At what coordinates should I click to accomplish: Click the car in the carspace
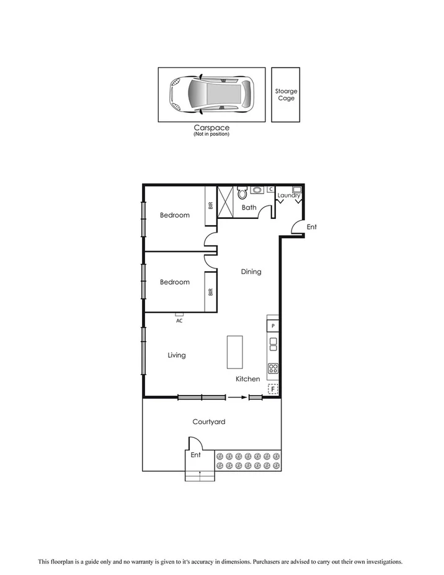pyautogui.click(x=211, y=95)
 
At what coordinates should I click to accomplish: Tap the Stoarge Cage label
pyautogui.click(x=286, y=95)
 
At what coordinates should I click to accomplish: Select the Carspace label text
pyautogui.click(x=211, y=128)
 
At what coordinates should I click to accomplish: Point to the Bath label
pyautogui.click(x=249, y=208)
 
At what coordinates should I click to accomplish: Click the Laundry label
pyautogui.click(x=289, y=195)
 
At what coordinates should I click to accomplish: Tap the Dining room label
pyautogui.click(x=251, y=272)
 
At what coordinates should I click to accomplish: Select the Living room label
pyautogui.click(x=177, y=355)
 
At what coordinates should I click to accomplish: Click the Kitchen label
pyautogui.click(x=247, y=379)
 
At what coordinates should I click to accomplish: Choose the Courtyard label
pyautogui.click(x=208, y=422)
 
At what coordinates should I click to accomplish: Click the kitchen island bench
pyautogui.click(x=236, y=352)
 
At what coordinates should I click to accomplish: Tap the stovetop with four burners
pyautogui.click(x=273, y=369)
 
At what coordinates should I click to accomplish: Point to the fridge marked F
pyautogui.click(x=272, y=390)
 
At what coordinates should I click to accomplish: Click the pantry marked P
pyautogui.click(x=273, y=326)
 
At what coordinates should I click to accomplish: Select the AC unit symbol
pyautogui.click(x=179, y=315)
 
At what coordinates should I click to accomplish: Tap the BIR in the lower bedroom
pyautogui.click(x=211, y=292)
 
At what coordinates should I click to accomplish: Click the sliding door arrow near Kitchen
pyautogui.click(x=235, y=397)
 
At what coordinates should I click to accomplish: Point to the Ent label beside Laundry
pyautogui.click(x=312, y=227)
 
